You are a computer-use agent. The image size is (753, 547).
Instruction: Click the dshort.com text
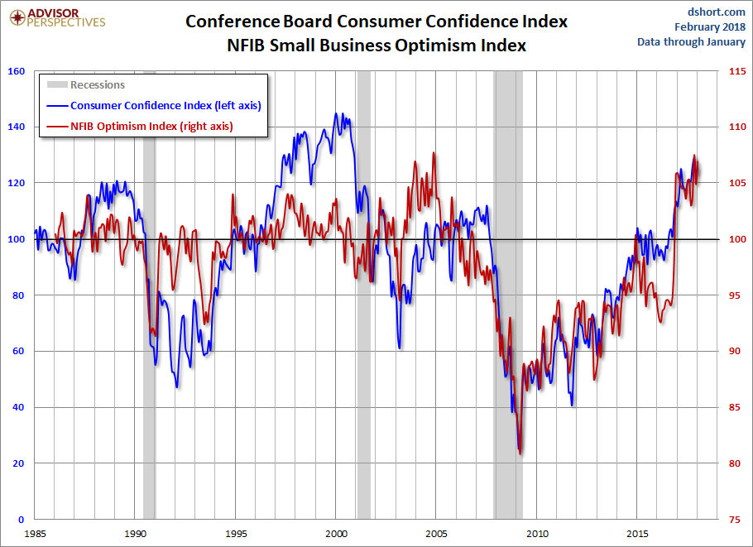pos(717,11)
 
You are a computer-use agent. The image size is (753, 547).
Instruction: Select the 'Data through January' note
pos(691,42)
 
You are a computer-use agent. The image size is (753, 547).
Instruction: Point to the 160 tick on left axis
pos(15,71)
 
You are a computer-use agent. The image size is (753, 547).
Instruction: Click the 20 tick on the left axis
pos(17,463)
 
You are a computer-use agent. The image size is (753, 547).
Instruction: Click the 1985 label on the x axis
pos(34,533)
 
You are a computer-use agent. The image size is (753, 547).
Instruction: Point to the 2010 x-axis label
pos(537,533)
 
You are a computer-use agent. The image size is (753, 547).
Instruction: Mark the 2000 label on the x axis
pos(336,533)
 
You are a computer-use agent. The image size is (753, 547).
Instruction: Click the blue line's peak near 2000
pos(336,114)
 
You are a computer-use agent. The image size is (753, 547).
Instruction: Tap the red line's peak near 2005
pos(434,154)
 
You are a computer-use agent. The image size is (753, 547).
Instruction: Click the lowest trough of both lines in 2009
pos(520,453)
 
